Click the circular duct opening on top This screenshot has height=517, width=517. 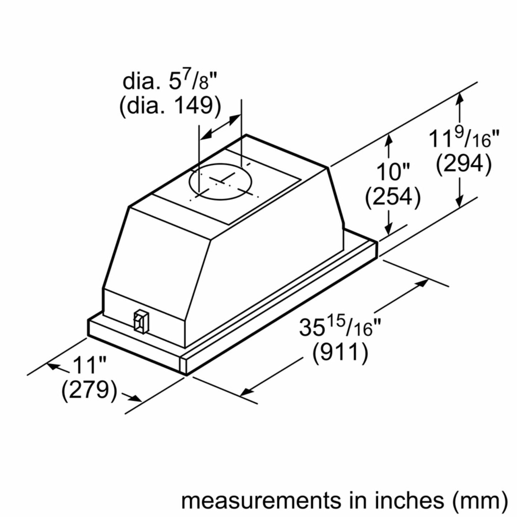click(220, 182)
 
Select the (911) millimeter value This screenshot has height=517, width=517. click(340, 353)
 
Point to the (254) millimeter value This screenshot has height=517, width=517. click(392, 197)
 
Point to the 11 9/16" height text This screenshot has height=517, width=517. click(464, 139)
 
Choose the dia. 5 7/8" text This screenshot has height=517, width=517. click(170, 82)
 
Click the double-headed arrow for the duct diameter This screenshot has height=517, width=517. click(220, 127)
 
